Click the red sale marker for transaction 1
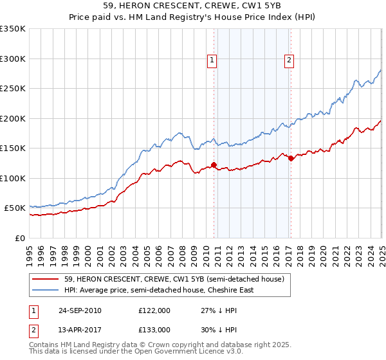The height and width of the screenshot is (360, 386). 214,165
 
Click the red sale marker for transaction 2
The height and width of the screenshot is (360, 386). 291,158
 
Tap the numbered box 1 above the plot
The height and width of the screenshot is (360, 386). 212,60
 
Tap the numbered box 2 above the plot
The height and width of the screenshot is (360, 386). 289,60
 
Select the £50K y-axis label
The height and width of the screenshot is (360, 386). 15,208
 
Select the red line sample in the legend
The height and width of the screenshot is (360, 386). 46,278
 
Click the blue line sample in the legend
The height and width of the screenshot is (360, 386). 46,290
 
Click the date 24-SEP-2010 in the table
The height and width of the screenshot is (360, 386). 80,310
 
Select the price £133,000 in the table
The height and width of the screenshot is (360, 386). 154,330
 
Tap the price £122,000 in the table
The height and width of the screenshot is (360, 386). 154,310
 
